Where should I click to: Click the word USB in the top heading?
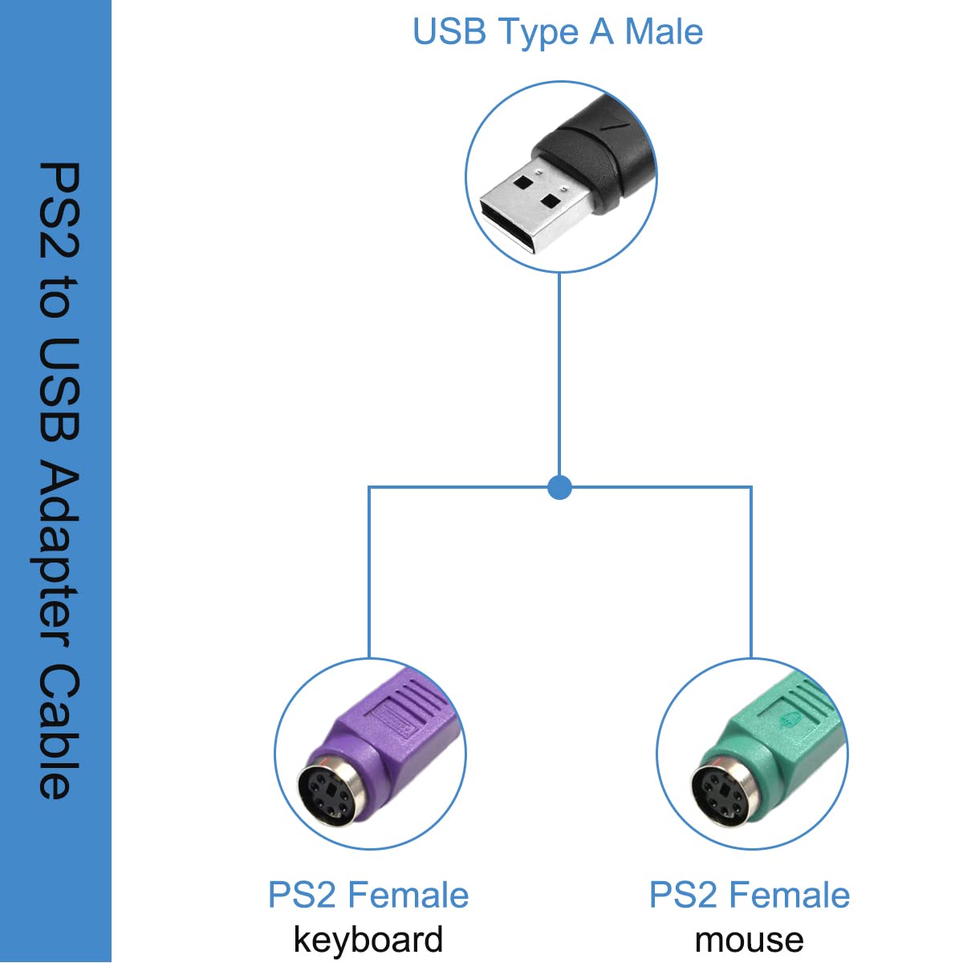(x=449, y=32)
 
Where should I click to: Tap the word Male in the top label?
(x=664, y=32)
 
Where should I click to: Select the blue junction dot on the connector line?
(x=559, y=487)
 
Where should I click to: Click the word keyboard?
(x=368, y=939)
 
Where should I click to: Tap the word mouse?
(x=749, y=940)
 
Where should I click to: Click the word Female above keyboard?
(x=408, y=895)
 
